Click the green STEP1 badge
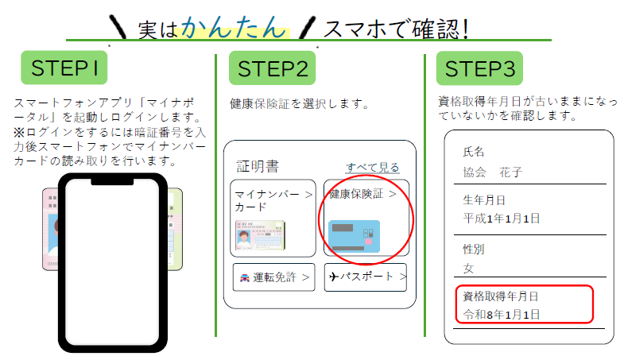[x=64, y=68]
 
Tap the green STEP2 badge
[x=272, y=68]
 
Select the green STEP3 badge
[x=479, y=68]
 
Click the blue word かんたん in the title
[x=234, y=28]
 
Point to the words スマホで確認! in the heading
[x=397, y=29]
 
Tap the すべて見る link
[x=373, y=168]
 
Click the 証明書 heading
[x=258, y=166]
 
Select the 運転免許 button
[x=273, y=277]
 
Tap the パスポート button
[x=366, y=277]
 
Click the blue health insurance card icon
[x=355, y=236]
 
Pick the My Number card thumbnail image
[x=260, y=235]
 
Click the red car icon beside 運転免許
[x=245, y=277]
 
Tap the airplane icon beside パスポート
[x=334, y=277]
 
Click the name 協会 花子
[x=493, y=172]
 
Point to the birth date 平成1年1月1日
[x=502, y=219]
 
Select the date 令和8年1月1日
[x=502, y=315]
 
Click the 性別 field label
[x=474, y=250]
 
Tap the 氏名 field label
[x=474, y=152]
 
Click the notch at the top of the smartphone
[x=112, y=182]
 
